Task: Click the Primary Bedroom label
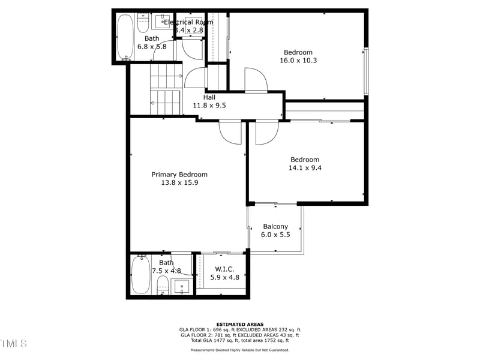coord(179,175)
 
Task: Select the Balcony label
coord(275,227)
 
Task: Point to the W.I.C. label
coord(224,269)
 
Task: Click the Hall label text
coord(209,97)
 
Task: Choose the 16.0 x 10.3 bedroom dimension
coord(298,60)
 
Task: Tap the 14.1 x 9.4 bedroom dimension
coord(305,168)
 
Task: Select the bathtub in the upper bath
coord(125,36)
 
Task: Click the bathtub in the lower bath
coord(140,275)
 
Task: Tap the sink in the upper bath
coord(163,22)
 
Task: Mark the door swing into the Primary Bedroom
coord(230,132)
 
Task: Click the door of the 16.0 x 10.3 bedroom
coord(256,79)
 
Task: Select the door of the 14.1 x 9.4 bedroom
coord(267,133)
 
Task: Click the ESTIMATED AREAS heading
coord(239,324)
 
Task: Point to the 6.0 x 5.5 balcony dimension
coord(275,235)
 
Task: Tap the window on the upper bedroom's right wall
coord(366,71)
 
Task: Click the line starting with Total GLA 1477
coord(239,340)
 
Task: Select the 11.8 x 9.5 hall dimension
coord(209,106)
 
